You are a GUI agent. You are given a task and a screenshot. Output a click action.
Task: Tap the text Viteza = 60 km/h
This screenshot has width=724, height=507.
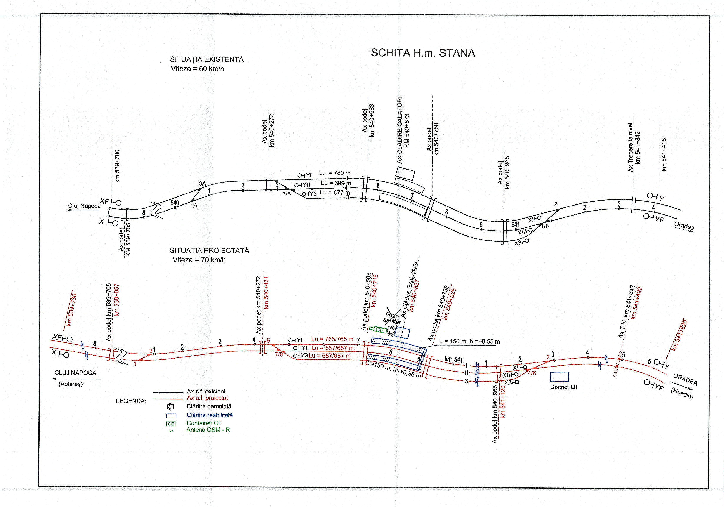197,69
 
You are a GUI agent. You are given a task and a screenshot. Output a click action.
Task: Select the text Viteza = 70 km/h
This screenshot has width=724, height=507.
199,260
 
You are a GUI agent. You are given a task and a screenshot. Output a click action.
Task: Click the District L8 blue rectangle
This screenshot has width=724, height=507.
559,377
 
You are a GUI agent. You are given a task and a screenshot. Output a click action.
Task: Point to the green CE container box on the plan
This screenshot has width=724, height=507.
380,330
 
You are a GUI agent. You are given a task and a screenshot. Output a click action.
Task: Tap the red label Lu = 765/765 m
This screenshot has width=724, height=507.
332,339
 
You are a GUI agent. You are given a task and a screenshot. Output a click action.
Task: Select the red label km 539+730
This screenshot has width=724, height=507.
72,309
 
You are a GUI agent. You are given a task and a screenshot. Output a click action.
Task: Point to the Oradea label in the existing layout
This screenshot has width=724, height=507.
684,226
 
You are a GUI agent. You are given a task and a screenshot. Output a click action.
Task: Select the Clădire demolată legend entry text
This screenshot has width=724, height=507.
209,407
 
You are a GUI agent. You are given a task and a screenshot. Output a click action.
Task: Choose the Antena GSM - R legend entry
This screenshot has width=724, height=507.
208,430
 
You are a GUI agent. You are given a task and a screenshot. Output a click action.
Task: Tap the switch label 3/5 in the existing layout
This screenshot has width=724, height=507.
286,194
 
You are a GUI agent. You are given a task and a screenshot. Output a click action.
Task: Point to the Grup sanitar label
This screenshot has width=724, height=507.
393,319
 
